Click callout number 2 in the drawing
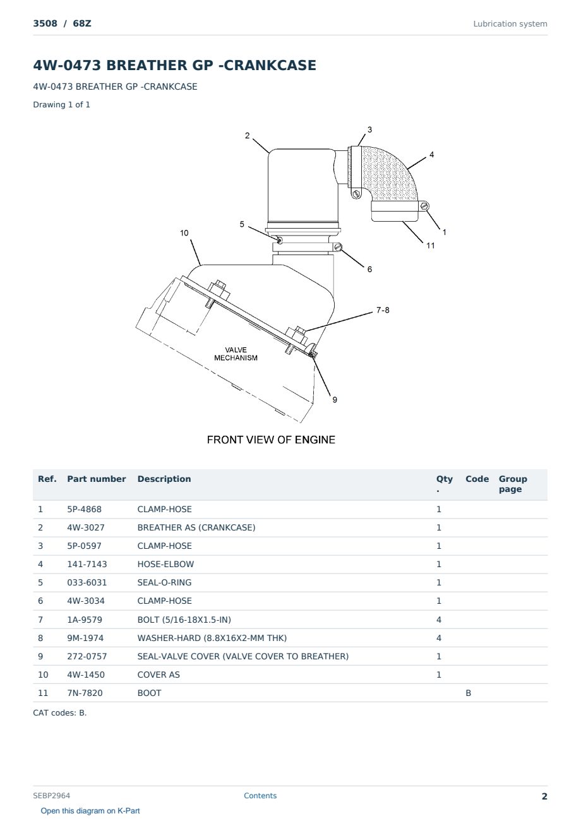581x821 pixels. coord(247,136)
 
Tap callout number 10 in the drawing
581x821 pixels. coord(184,233)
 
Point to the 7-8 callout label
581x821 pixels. coord(383,310)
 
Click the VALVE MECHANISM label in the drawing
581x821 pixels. coord(236,354)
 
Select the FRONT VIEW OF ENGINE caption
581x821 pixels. coord(271,440)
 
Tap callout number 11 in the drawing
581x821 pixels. coord(430,246)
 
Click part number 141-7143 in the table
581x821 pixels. coord(87,564)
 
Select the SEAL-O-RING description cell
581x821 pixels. coord(164,582)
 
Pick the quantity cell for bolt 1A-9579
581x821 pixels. coord(439,620)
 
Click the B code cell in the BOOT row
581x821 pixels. coord(468,693)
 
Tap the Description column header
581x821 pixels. coord(164,479)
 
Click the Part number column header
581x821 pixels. coord(97,479)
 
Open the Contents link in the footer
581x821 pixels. coord(260,796)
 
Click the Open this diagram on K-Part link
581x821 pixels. coord(90,811)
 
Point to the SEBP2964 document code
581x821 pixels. coord(51,796)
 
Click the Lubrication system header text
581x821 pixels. coord(510,24)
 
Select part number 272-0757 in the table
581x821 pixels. coord(87,656)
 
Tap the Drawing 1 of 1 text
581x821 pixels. coord(62,105)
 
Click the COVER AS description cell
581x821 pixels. coord(159,674)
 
